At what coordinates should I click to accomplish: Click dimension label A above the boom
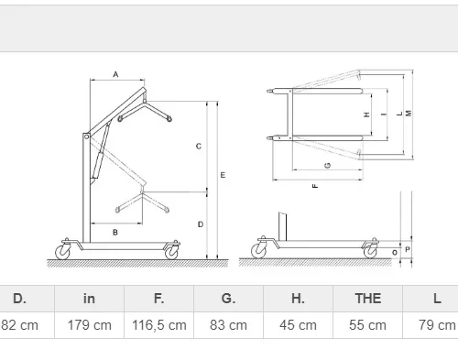pyautogui.click(x=115, y=74)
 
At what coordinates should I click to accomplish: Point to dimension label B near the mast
pyautogui.click(x=115, y=233)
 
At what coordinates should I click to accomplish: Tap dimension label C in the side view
pyautogui.click(x=199, y=147)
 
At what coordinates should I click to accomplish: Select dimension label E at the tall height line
pyautogui.click(x=223, y=175)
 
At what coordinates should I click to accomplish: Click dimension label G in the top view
pyautogui.click(x=328, y=165)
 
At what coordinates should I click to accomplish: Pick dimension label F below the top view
pyautogui.click(x=316, y=186)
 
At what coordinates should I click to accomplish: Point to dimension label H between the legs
pyautogui.click(x=366, y=115)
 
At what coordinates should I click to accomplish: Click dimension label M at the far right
pyautogui.click(x=409, y=114)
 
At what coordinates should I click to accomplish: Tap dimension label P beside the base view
pyautogui.click(x=408, y=249)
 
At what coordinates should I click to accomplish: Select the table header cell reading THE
pyautogui.click(x=368, y=299)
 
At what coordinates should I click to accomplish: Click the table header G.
pyautogui.click(x=228, y=299)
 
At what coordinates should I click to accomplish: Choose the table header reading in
pyautogui.click(x=89, y=299)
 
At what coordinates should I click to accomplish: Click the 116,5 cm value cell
pyautogui.click(x=158, y=325)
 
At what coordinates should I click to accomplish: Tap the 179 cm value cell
pyautogui.click(x=89, y=325)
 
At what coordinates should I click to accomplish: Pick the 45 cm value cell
pyautogui.click(x=298, y=325)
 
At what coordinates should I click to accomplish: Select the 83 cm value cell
pyautogui.click(x=228, y=325)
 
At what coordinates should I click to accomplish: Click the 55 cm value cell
pyautogui.click(x=368, y=325)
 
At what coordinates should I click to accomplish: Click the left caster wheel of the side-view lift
pyautogui.click(x=63, y=252)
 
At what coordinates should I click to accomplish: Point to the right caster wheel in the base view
pyautogui.click(x=370, y=251)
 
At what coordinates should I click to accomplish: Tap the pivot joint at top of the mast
pyautogui.click(x=86, y=136)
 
